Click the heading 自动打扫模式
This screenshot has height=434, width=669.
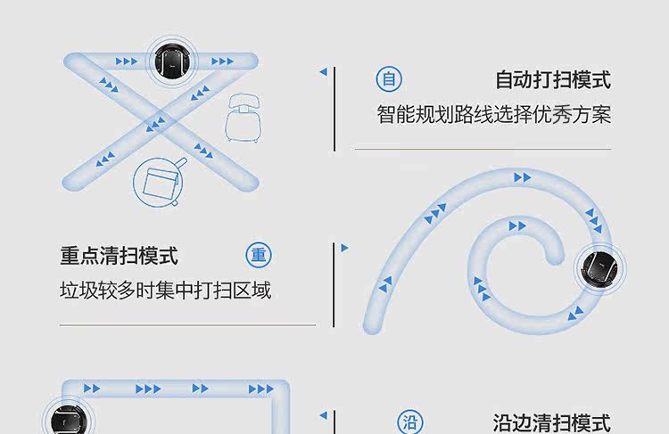pos(553,80)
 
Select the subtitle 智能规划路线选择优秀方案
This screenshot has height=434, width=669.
pos(493,116)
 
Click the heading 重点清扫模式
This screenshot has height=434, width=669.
pos(120,257)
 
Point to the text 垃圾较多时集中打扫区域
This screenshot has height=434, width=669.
pos(165,291)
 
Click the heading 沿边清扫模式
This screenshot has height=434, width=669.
pos(552,422)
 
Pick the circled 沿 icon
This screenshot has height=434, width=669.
pos(410,422)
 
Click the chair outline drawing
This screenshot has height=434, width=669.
pos(243,116)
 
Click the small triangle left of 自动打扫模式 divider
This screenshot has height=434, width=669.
pos(323,71)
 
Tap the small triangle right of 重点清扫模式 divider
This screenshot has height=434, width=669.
pos(345,249)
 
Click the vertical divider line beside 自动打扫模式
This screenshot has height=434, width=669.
pos(334,107)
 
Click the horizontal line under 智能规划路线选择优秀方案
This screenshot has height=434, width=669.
pos(483,149)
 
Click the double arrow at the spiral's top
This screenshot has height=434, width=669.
pos(522,178)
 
